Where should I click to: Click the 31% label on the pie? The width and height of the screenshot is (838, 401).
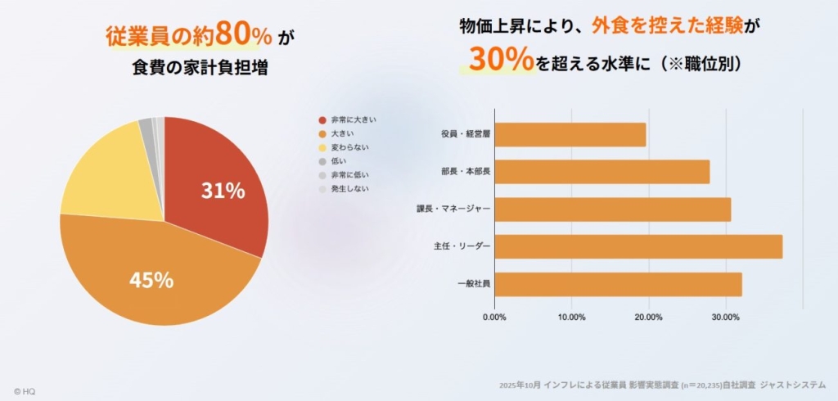pyautogui.click(x=223, y=191)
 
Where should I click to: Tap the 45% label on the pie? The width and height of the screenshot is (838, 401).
pyautogui.click(x=151, y=280)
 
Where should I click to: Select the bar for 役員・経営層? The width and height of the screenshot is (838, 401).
pyautogui.click(x=570, y=135)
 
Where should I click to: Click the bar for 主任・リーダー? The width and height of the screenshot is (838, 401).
pyautogui.click(x=638, y=246)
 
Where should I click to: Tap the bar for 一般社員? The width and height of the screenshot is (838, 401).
pyautogui.click(x=618, y=284)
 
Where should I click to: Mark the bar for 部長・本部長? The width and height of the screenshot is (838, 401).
pyautogui.click(x=602, y=172)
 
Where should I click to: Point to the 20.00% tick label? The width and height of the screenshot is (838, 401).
pyautogui.click(x=648, y=317)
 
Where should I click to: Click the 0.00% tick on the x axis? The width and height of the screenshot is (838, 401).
pyautogui.click(x=494, y=317)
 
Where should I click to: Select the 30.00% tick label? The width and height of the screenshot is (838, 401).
pyautogui.click(x=726, y=317)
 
